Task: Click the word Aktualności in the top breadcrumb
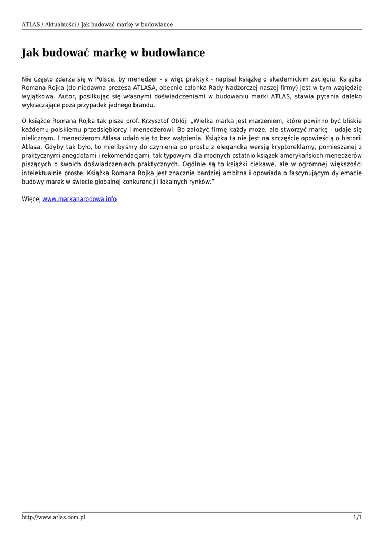point(59,24)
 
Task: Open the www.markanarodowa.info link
point(79,199)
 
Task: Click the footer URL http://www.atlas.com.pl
point(53,517)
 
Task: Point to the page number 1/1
point(358,517)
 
